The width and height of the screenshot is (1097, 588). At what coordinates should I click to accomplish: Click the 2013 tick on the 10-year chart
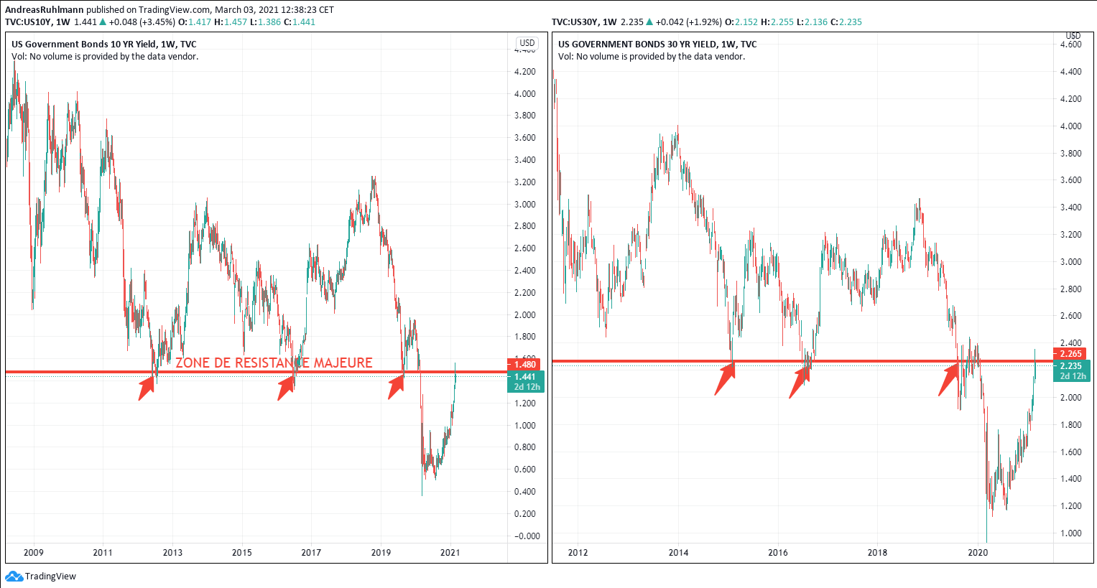click(172, 552)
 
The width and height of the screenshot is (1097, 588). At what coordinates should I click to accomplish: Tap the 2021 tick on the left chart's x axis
click(450, 552)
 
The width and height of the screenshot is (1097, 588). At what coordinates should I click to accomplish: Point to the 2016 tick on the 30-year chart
click(778, 552)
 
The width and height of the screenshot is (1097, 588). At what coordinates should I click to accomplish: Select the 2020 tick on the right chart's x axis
click(978, 552)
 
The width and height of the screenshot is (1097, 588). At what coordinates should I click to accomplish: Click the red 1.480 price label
click(525, 365)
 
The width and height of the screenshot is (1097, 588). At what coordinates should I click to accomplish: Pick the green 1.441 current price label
click(525, 377)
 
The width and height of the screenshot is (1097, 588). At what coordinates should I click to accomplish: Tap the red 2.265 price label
click(1070, 354)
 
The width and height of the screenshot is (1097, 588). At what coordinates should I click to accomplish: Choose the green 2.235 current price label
click(1070, 366)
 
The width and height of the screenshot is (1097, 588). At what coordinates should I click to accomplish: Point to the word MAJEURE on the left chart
click(343, 363)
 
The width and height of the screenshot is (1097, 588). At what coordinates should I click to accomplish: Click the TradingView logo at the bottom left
click(41, 576)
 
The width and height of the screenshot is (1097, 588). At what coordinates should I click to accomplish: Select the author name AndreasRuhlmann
click(45, 10)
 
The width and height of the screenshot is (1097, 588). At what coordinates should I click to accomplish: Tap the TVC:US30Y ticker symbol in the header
click(575, 22)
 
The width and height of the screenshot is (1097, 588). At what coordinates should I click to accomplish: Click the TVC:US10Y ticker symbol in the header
click(29, 22)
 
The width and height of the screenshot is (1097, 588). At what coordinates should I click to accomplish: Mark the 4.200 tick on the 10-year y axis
click(524, 72)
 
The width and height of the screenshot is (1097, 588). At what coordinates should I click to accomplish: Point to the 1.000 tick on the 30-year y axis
click(1070, 533)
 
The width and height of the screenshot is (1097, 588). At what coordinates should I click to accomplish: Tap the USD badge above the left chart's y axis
click(527, 43)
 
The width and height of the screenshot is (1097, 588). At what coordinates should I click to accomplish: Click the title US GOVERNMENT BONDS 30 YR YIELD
click(657, 45)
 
